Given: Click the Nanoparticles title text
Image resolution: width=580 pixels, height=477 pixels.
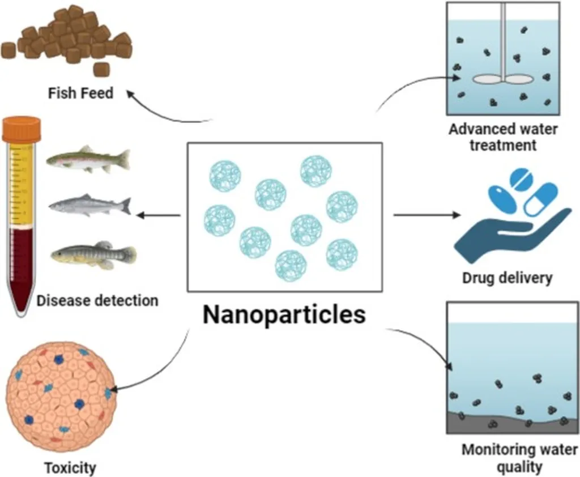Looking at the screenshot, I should (x=284, y=315).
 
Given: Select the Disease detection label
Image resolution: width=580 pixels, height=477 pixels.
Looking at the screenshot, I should (x=97, y=300).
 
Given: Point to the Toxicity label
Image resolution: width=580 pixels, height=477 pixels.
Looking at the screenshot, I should (x=70, y=469).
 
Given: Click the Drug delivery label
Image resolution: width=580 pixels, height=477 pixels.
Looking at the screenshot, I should (x=507, y=278).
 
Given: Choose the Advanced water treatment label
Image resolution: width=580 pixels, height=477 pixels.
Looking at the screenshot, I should (x=503, y=137).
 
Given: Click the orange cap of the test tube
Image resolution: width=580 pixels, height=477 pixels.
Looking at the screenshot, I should (x=22, y=129).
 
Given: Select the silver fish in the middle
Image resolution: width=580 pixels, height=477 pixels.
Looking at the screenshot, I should (x=89, y=205).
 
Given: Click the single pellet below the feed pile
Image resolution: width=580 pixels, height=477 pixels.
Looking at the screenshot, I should (x=101, y=69).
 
